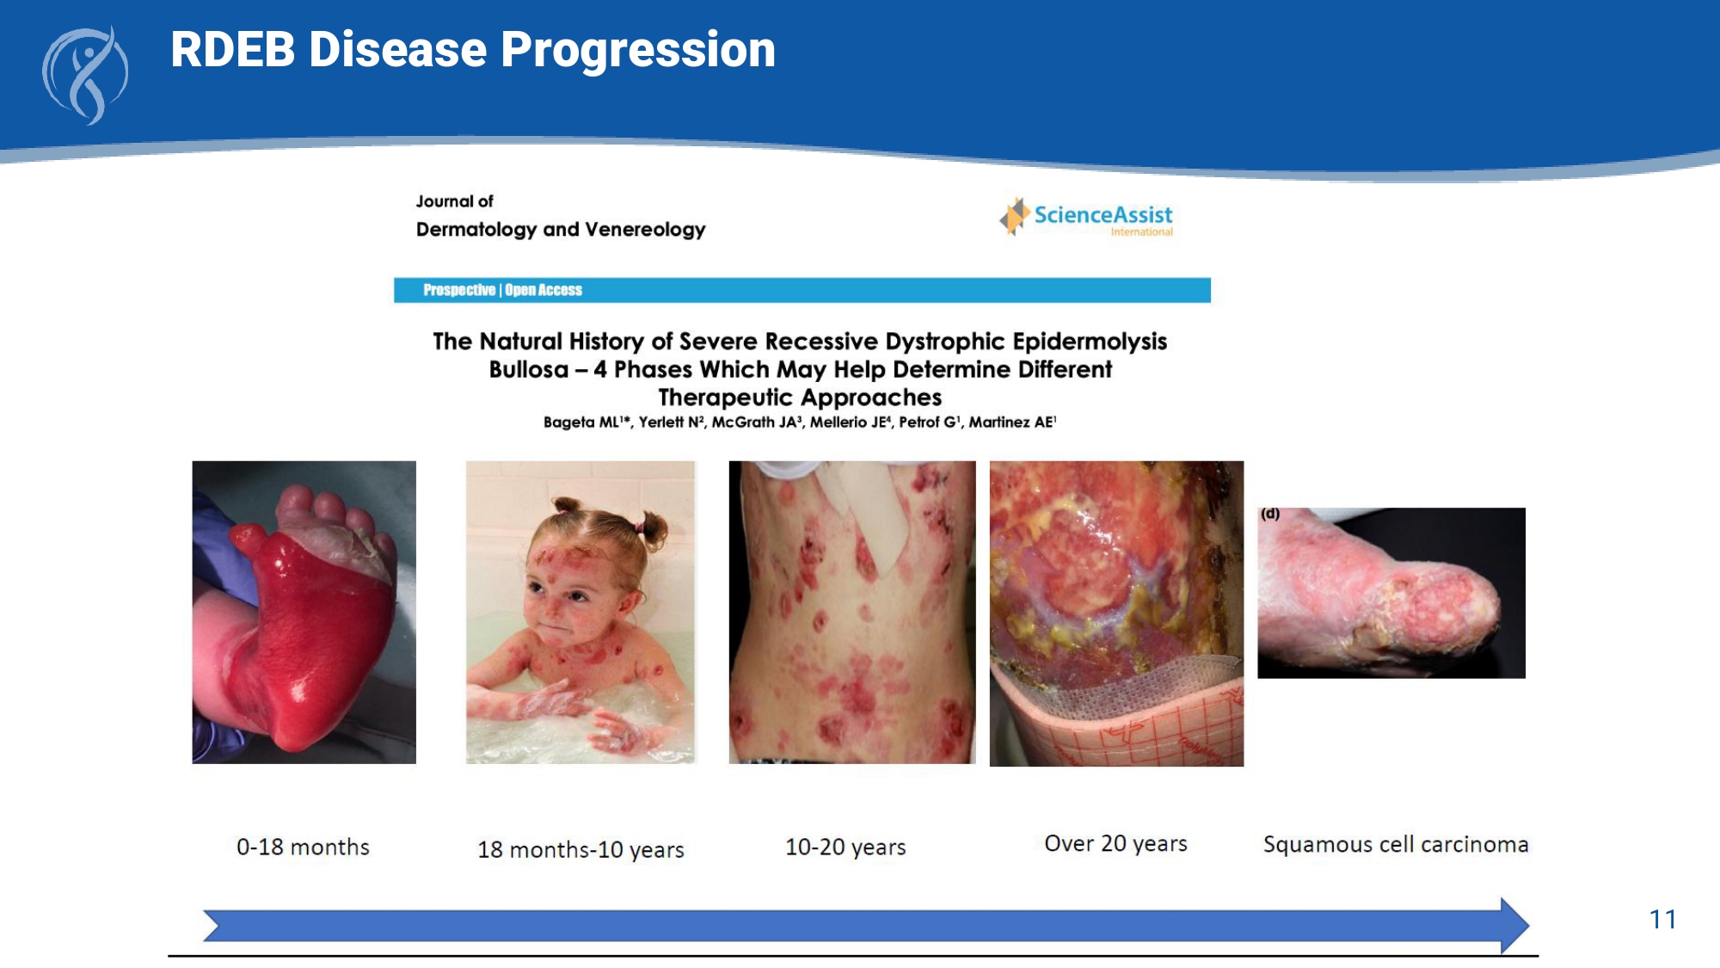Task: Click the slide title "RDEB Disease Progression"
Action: coord(473,50)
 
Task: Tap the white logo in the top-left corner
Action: coord(85,76)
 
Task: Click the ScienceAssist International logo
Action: coord(1086,217)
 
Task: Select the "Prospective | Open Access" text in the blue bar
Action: coord(502,290)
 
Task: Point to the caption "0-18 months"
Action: coord(303,848)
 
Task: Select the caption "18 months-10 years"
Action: coord(580,850)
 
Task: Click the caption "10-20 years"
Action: coord(845,848)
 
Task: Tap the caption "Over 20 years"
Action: coord(1115,844)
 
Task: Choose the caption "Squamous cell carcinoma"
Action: coord(1396,844)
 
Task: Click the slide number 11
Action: coord(1662,920)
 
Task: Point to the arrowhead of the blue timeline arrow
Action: coord(1528,926)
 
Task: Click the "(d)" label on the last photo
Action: coord(1270,514)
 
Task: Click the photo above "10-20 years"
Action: coord(852,612)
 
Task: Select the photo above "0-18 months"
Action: coord(304,612)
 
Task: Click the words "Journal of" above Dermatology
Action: coord(454,201)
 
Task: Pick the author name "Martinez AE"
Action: coord(1012,422)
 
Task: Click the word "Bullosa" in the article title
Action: coord(529,370)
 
